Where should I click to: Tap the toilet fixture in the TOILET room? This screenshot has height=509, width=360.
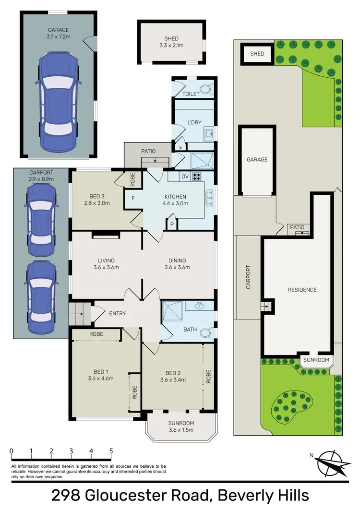(205, 89)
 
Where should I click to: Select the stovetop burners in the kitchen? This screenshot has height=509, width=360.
(197, 176)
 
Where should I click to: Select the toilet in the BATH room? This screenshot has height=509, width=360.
(205, 332)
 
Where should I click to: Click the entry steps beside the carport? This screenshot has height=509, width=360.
(80, 314)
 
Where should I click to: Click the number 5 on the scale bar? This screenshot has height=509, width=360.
(111, 451)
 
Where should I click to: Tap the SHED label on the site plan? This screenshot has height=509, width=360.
(257, 54)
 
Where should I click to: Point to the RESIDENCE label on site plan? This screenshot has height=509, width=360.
(302, 290)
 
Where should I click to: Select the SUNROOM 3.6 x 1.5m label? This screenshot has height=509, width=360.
(181, 426)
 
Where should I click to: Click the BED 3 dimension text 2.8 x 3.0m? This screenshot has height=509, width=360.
(100, 203)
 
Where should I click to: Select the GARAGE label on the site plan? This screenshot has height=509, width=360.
(257, 159)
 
